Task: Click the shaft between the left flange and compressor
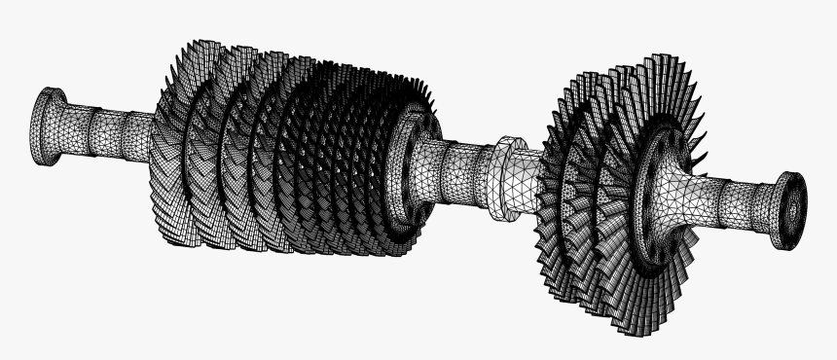[107, 132]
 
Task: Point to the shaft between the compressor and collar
[457, 165]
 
